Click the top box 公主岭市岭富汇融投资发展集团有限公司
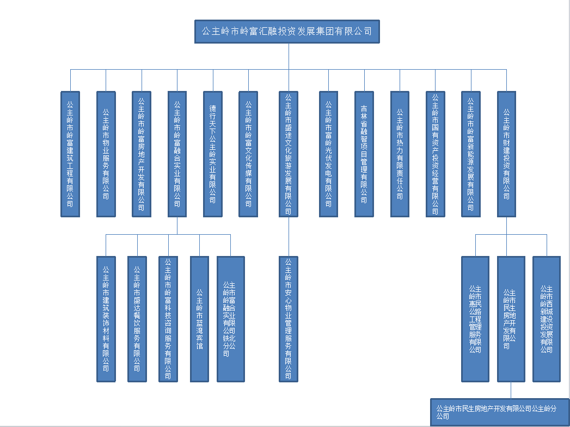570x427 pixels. [287, 32]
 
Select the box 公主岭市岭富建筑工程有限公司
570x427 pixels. [70, 154]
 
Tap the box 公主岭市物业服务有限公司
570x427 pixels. [106, 154]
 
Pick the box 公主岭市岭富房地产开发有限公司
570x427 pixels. [141, 154]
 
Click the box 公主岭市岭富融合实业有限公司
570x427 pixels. [177, 154]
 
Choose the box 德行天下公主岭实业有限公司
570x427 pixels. [212, 154]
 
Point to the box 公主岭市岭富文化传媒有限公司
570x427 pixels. [248, 154]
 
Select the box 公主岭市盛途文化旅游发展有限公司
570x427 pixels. [288, 154]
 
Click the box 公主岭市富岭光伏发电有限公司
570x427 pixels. [328, 154]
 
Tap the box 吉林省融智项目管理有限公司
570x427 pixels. [364, 154]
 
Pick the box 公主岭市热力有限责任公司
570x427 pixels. [400, 154]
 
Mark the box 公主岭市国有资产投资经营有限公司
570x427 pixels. [435, 154]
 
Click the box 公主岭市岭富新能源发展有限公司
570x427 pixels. [471, 154]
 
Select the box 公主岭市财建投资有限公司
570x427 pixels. [507, 154]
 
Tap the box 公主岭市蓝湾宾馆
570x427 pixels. [199, 319]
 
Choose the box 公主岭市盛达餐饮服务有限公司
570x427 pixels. [137, 319]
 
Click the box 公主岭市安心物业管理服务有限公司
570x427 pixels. [288, 319]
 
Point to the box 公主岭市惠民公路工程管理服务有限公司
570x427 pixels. [475, 319]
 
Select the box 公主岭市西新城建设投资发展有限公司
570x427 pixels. [547, 319]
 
